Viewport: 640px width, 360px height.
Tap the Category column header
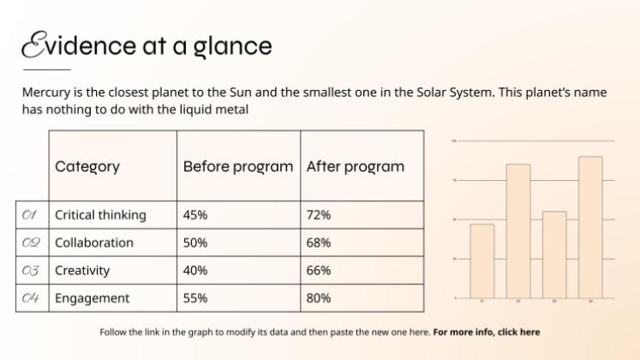(x=87, y=166)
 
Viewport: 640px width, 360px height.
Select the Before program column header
(x=237, y=166)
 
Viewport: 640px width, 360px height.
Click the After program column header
(x=355, y=166)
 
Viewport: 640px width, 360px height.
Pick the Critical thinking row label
(x=100, y=215)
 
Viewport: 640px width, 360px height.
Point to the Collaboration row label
(x=94, y=243)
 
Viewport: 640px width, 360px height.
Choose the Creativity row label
(x=82, y=271)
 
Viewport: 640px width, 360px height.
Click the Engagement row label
(x=92, y=298)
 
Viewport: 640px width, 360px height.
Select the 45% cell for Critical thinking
(x=195, y=215)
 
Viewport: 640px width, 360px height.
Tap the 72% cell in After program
(x=319, y=215)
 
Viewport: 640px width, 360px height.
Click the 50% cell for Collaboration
(x=195, y=243)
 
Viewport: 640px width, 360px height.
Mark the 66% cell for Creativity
(x=319, y=271)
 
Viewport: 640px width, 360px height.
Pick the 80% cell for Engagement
(x=319, y=298)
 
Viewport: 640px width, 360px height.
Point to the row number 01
(x=31, y=215)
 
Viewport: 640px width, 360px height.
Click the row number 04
(x=31, y=298)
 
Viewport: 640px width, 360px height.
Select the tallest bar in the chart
(x=590, y=227)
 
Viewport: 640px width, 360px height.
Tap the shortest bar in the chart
(x=482, y=261)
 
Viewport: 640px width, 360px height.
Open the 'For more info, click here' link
(x=486, y=332)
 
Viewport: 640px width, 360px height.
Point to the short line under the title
(x=46, y=69)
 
